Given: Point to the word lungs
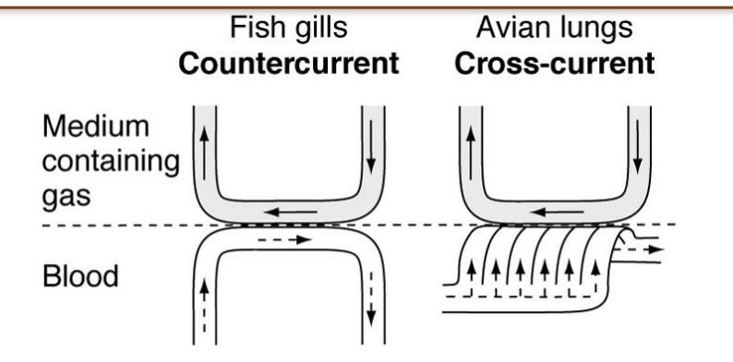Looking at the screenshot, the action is [x=599, y=29].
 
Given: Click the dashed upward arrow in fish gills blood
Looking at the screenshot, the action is [x=203, y=297].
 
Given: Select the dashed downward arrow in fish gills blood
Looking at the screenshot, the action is [x=371, y=297].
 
